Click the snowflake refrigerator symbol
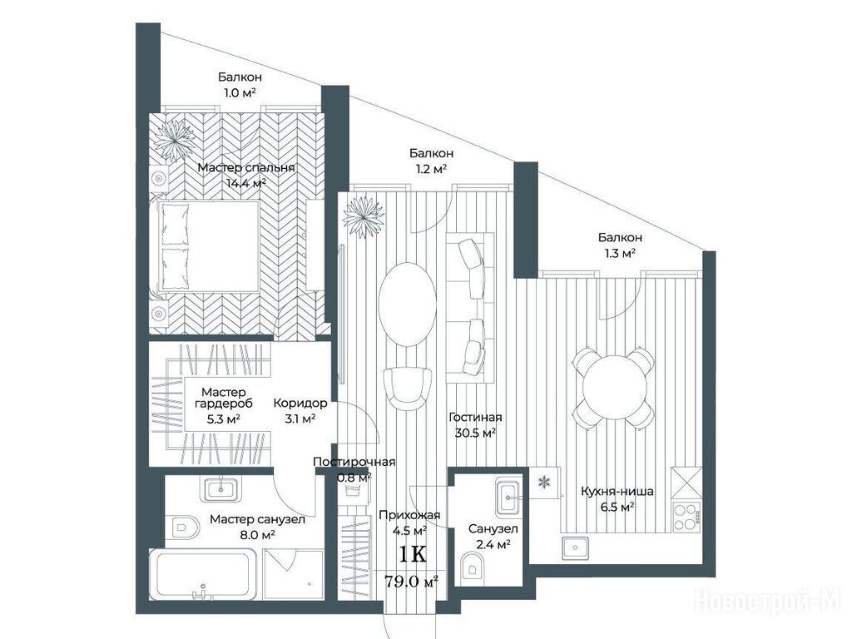coord(543,482)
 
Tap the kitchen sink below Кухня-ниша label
coord(576,547)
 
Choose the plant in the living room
coord(364,216)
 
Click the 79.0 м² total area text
coord(411,582)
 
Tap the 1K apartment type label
coord(413,555)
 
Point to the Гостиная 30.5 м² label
coord(475,425)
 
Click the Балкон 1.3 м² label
coord(620,245)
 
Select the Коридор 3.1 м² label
coord(300,411)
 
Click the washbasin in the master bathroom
coord(220,489)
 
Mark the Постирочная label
coord(354,462)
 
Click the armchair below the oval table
coord(408,389)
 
